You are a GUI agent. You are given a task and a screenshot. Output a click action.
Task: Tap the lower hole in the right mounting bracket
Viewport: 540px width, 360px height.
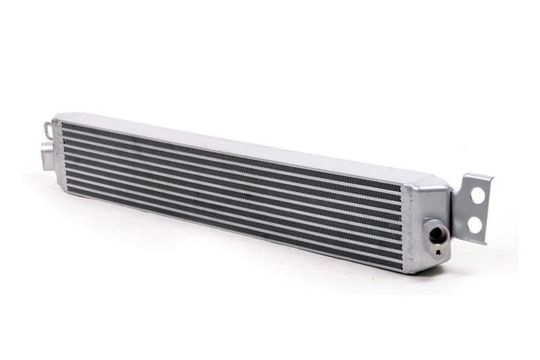pyautogui.click(x=475, y=224)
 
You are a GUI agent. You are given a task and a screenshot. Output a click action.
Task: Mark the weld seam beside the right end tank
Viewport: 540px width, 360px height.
pyautogui.click(x=407, y=216)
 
